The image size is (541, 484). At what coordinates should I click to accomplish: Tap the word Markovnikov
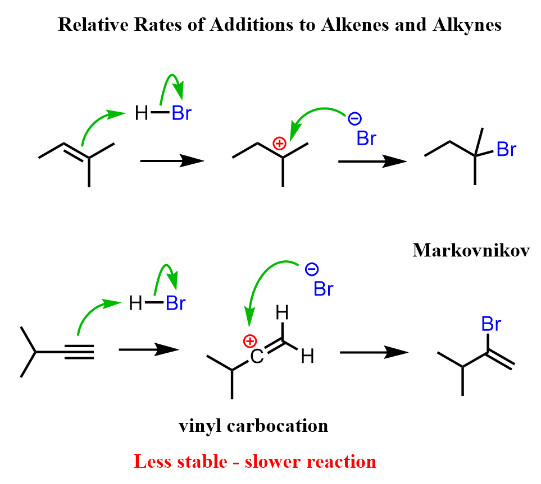click(x=471, y=250)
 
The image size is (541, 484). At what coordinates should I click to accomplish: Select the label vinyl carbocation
click(x=253, y=426)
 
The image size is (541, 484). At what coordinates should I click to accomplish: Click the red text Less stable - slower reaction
click(x=254, y=461)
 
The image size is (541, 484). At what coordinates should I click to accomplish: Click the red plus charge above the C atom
click(x=249, y=341)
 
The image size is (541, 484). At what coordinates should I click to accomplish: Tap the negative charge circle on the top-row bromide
click(x=354, y=118)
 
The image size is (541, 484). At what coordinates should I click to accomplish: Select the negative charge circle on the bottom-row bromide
click(x=311, y=270)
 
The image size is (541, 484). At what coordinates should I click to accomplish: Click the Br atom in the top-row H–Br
click(x=181, y=114)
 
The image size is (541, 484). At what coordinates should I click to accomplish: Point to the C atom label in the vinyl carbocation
click(x=256, y=357)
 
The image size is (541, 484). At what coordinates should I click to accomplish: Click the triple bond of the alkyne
click(x=79, y=352)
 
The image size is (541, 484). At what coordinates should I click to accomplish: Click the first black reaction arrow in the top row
click(x=171, y=161)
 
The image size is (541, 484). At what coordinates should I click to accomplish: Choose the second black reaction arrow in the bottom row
click(x=373, y=352)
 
